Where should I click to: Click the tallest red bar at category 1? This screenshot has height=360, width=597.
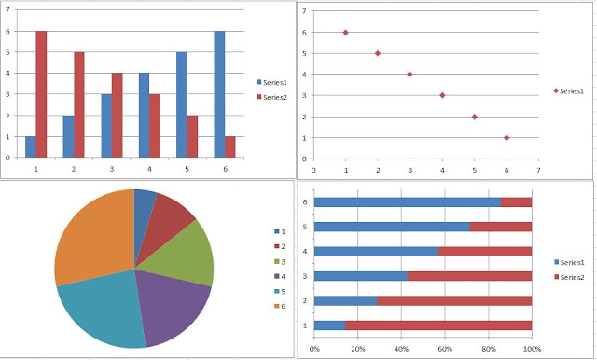(x=41, y=93)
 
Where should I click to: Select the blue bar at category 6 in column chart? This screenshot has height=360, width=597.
(x=217, y=93)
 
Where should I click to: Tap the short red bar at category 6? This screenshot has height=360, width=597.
(x=229, y=146)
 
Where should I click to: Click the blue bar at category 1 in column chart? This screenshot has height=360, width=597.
(x=30, y=146)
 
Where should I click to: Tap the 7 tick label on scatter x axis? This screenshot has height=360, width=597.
(x=538, y=171)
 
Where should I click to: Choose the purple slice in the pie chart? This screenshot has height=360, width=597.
(x=177, y=307)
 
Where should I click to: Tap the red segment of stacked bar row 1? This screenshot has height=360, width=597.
(x=438, y=325)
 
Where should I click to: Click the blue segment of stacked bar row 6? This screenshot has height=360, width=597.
(x=407, y=201)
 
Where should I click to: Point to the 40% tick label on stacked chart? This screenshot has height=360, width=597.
(x=401, y=350)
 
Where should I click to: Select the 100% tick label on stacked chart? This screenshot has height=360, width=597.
(x=531, y=350)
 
